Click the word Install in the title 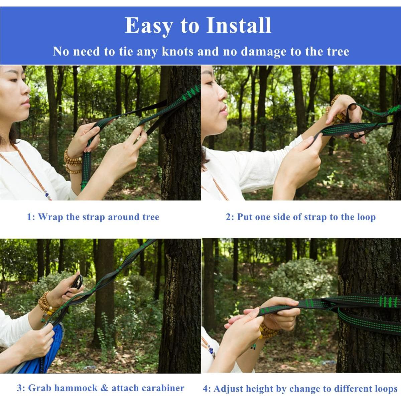[239, 25]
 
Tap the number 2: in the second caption [230, 217]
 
